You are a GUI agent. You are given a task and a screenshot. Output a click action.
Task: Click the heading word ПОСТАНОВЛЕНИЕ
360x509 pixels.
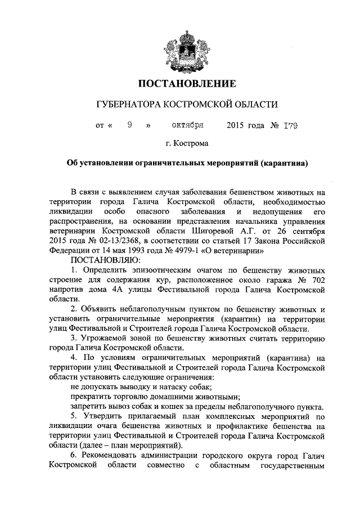coord(186,84)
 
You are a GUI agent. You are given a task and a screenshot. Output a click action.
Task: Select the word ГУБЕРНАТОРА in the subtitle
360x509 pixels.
coord(128,105)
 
